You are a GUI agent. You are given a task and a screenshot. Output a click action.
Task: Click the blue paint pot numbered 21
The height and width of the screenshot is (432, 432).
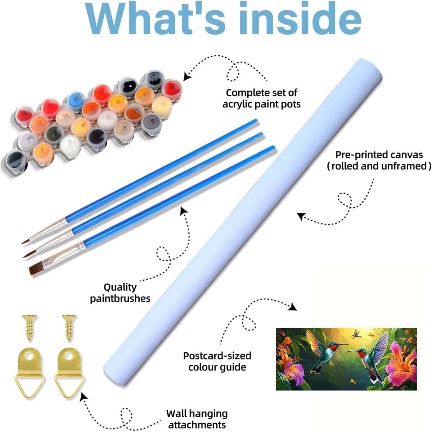(x=76, y=100)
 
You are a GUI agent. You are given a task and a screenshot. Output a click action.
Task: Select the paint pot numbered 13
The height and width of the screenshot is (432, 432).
(x=39, y=124)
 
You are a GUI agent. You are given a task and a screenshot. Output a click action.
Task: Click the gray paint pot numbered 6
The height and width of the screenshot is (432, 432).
(x=151, y=123)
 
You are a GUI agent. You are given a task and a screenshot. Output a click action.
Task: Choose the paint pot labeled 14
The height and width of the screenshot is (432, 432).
(x=66, y=117)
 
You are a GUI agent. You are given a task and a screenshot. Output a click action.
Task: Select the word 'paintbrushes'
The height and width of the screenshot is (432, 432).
(x=120, y=299)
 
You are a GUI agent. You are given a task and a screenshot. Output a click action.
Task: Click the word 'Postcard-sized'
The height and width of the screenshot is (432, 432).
(x=217, y=356)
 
